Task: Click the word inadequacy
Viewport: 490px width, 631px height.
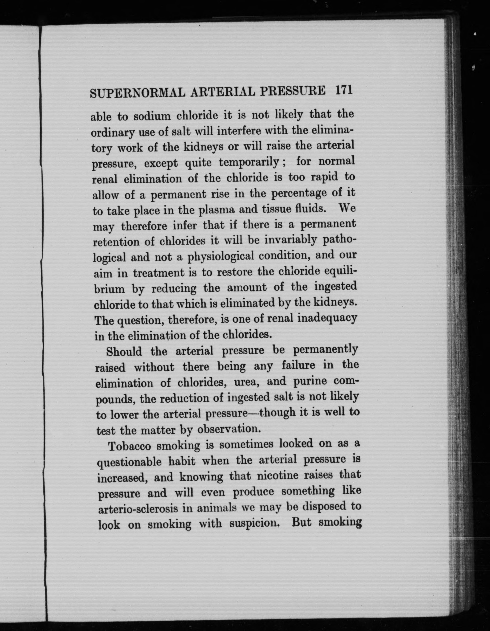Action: pos(327,318)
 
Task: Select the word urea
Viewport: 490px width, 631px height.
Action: pos(244,382)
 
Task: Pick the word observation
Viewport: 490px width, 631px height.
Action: pos(229,429)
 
